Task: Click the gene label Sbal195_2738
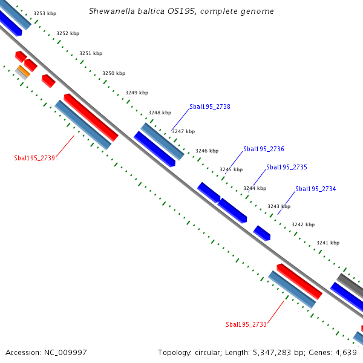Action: pos(209,106)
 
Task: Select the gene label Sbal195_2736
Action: pos(263,149)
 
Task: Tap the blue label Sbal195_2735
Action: pos(287,167)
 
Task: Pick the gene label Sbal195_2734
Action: pos(315,189)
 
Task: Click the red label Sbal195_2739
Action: pos(34,158)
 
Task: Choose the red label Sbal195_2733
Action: pos(246,324)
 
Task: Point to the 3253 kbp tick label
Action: pos(45,13)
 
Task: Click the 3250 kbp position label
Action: pos(114,73)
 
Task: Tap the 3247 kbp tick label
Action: pos(183,131)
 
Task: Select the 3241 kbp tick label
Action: pos(328,243)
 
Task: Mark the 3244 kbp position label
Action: pos(255,188)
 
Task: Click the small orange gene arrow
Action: pos(23,71)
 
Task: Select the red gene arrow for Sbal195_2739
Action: pos(91,117)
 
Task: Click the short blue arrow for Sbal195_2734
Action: pos(261,232)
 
